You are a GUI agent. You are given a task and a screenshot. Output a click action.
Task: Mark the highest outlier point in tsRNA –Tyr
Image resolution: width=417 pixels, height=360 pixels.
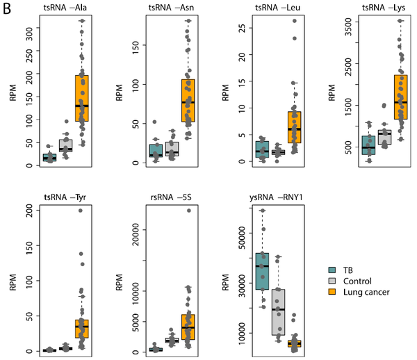coord(80,210)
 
